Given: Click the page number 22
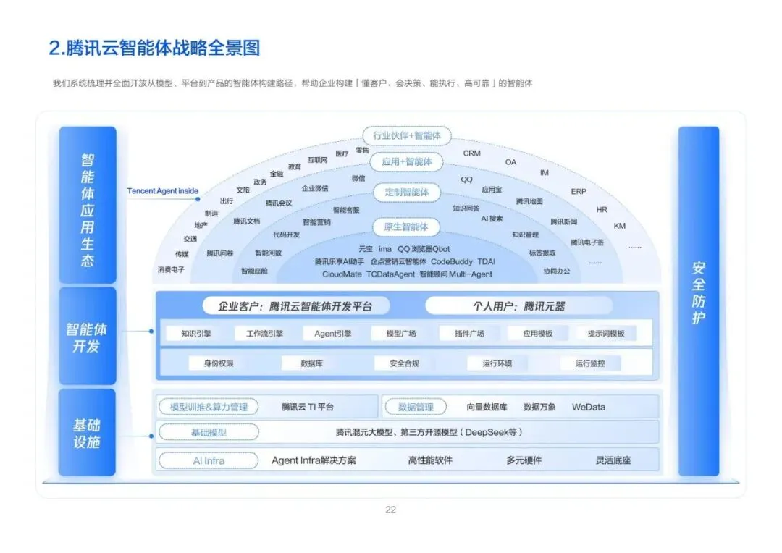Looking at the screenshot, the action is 390,510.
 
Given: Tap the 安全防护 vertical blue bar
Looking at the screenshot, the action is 698,300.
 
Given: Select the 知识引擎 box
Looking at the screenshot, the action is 195,334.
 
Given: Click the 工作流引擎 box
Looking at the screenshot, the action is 264,334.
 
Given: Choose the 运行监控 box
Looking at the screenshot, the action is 590,363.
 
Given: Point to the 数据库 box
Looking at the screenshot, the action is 311,363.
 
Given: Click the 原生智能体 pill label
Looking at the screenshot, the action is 405,227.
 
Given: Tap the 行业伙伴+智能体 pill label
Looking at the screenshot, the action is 406,135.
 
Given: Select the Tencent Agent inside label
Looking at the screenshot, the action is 163,191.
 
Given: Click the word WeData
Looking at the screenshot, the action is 588,407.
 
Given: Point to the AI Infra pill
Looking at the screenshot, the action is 209,460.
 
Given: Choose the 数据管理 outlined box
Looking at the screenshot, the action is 416,407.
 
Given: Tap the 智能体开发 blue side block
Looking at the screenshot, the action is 87,337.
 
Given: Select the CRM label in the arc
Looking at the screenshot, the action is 471,153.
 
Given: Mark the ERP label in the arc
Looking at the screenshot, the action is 579,192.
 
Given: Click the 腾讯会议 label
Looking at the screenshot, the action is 279,203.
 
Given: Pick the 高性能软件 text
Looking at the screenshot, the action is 430,460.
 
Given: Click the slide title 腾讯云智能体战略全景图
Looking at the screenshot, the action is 154,48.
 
